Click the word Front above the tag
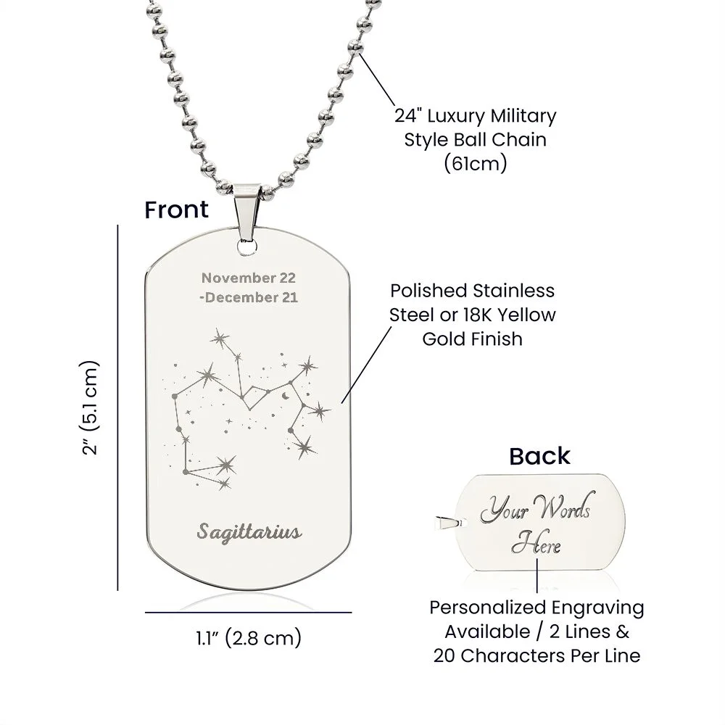coord(176,210)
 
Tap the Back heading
coord(539,456)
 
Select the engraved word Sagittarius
coord(249,532)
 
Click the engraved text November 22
coord(248,278)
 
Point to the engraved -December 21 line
coord(248,297)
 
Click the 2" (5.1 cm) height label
coord(89,407)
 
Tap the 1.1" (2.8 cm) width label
coord(249,638)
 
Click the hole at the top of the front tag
coord(247,247)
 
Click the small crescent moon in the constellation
coord(285,396)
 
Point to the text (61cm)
coord(476,163)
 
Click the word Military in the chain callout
coord(523,115)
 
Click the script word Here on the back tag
coord(536,543)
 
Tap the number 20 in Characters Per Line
coord(444,655)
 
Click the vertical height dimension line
coord(118,407)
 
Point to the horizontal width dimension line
coord(248,613)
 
